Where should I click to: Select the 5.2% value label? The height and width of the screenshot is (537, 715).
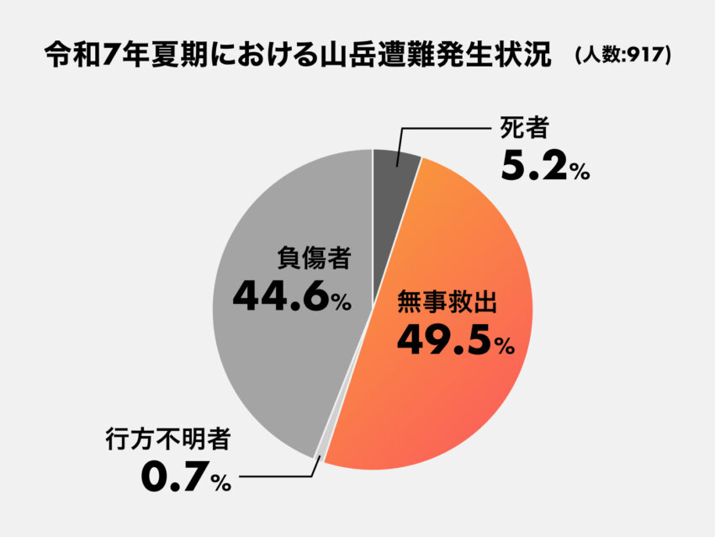pos(536,166)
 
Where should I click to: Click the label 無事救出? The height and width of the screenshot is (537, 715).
pos(448,303)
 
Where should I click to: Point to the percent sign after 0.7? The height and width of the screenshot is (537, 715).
pos(221,484)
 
